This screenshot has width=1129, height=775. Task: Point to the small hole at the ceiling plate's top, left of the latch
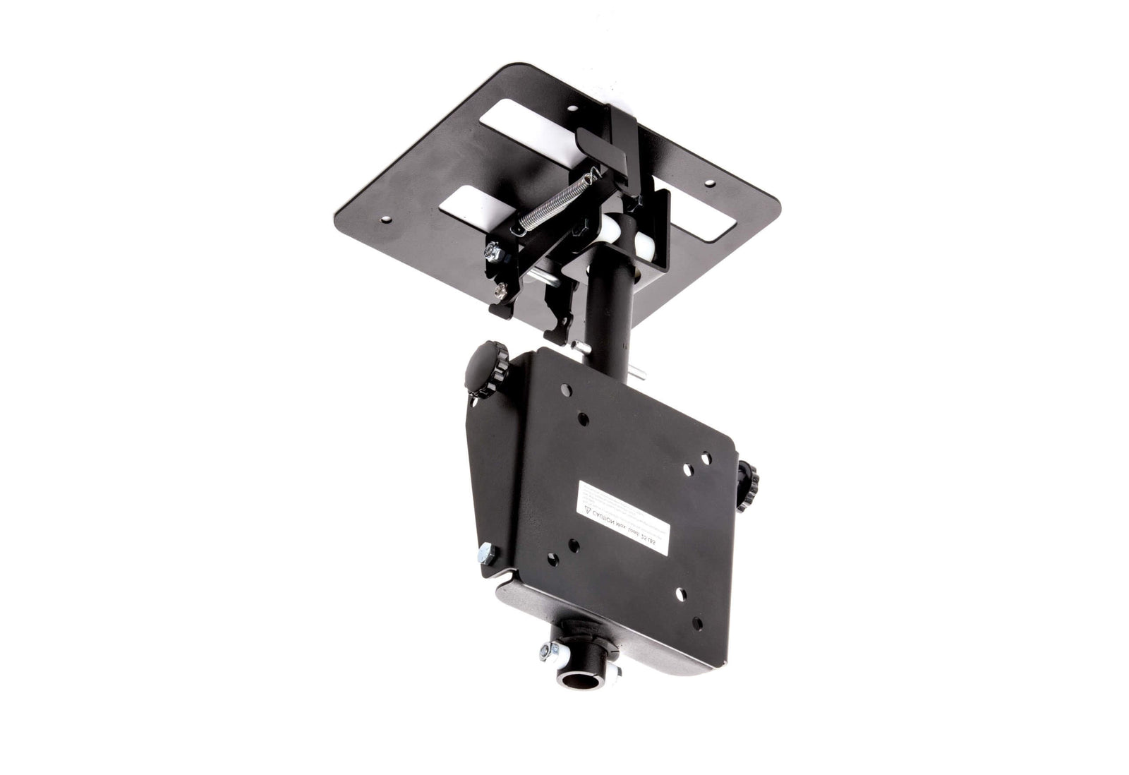(x=572, y=109)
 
